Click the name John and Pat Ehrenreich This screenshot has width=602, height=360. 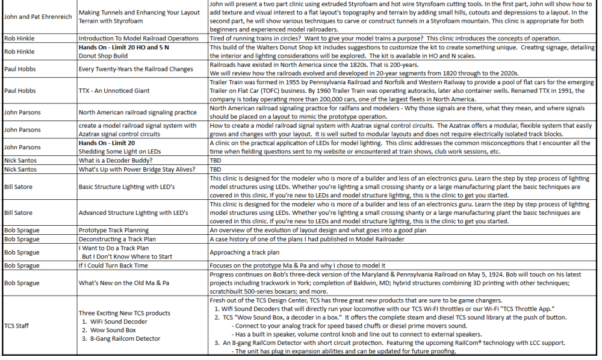click(38, 17)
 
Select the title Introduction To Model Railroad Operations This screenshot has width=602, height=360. click(138, 37)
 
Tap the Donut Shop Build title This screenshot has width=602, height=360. click(103, 55)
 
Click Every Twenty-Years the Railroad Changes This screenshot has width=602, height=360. click(136, 69)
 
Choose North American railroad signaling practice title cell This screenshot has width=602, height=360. click(137, 112)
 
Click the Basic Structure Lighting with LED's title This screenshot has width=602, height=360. click(126, 187)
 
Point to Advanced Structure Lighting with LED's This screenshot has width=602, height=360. click(133, 213)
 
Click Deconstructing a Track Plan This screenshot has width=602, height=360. click(117, 239)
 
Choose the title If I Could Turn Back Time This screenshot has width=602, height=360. click(113, 265)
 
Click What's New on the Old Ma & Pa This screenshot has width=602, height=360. click(123, 283)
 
